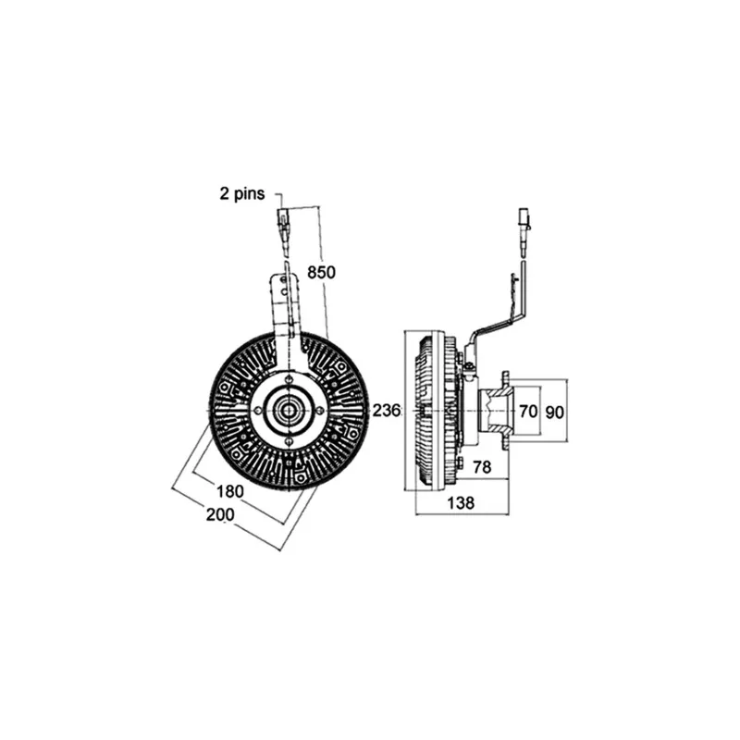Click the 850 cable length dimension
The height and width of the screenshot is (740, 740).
pyautogui.click(x=321, y=272)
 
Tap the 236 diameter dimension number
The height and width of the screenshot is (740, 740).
pyautogui.click(x=387, y=411)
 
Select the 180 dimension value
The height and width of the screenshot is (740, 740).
pyautogui.click(x=229, y=491)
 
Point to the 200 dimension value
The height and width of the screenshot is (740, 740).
pyautogui.click(x=220, y=514)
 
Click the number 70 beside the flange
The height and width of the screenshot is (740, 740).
pyautogui.click(x=528, y=412)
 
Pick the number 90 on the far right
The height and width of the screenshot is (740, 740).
pyautogui.click(x=554, y=412)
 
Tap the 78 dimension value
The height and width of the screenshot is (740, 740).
pyautogui.click(x=482, y=467)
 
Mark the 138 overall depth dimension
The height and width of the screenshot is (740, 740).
pyautogui.click(x=461, y=503)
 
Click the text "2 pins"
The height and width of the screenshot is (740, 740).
pyautogui.click(x=242, y=193)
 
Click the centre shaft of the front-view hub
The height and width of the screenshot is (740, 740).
pyautogui.click(x=288, y=411)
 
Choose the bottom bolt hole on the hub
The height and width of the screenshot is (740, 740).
pyautogui.click(x=290, y=442)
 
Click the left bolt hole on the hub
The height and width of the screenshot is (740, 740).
pyautogui.click(x=258, y=411)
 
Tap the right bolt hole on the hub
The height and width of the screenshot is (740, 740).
pyautogui.click(x=320, y=411)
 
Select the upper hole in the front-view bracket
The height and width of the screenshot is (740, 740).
pyautogui.click(x=283, y=280)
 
